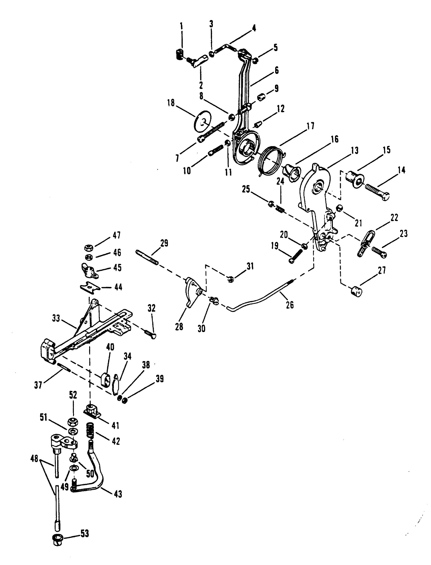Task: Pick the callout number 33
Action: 56,318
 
